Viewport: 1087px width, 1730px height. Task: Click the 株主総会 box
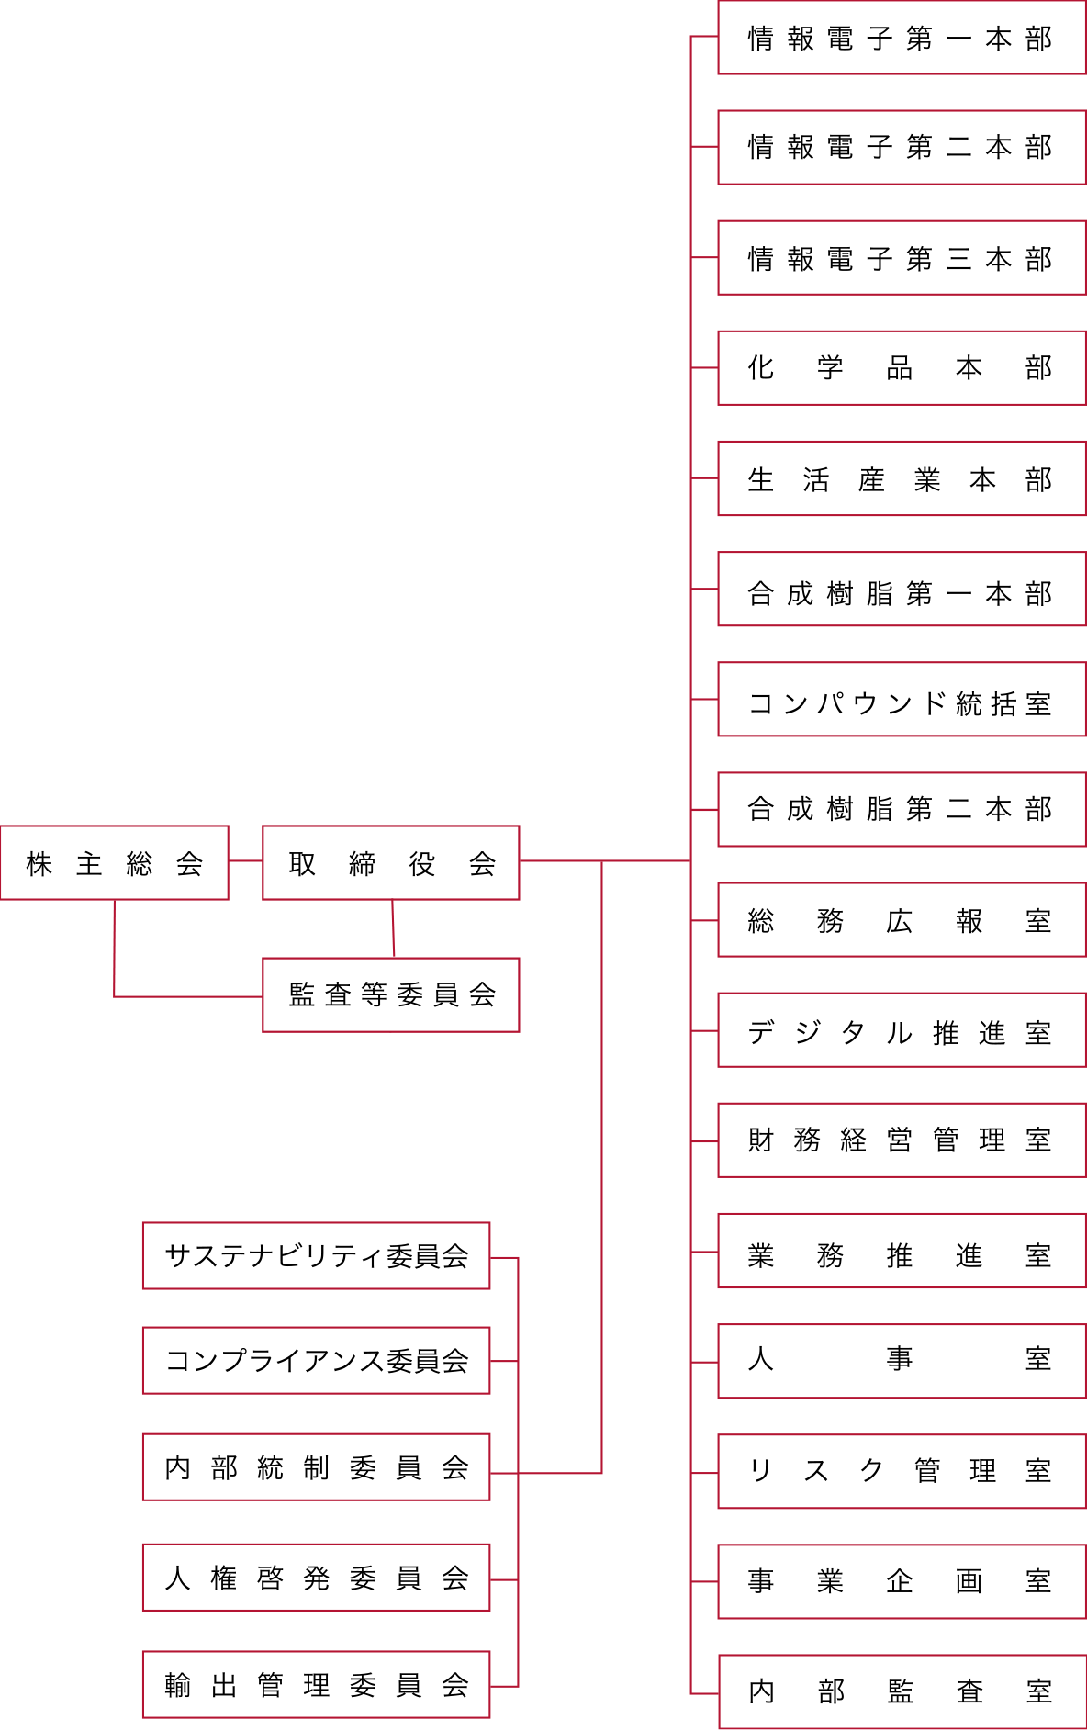pyautogui.click(x=114, y=863)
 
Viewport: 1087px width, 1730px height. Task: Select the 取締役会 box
pyautogui.click(x=391, y=863)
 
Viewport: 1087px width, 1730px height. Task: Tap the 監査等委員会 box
pyautogui.click(x=391, y=994)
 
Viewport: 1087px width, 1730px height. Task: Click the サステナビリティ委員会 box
pyautogui.click(x=316, y=1256)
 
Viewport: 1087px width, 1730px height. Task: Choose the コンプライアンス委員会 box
pyautogui.click(x=316, y=1361)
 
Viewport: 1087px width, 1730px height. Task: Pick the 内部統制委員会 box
pyautogui.click(x=316, y=1467)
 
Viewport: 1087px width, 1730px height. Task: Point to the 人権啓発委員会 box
pyautogui.click(x=316, y=1578)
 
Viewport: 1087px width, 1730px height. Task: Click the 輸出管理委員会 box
pyautogui.click(x=316, y=1685)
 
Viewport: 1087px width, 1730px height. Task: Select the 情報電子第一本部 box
pyautogui.click(x=901, y=38)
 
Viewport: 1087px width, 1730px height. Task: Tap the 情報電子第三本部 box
pyautogui.click(x=901, y=258)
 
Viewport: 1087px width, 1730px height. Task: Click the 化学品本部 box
pyautogui.click(x=901, y=368)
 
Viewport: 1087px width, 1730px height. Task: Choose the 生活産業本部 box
pyautogui.click(x=901, y=478)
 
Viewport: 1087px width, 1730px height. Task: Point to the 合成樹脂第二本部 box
pyautogui.click(x=901, y=810)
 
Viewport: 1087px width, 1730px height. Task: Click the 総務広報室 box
pyautogui.click(x=901, y=920)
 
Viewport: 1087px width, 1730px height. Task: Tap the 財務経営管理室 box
pyautogui.click(x=901, y=1140)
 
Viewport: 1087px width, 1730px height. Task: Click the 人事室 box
pyautogui.click(x=901, y=1361)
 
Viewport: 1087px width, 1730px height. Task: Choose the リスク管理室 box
pyautogui.click(x=901, y=1471)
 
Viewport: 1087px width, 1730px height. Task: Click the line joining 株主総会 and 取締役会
pyautogui.click(x=245, y=861)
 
